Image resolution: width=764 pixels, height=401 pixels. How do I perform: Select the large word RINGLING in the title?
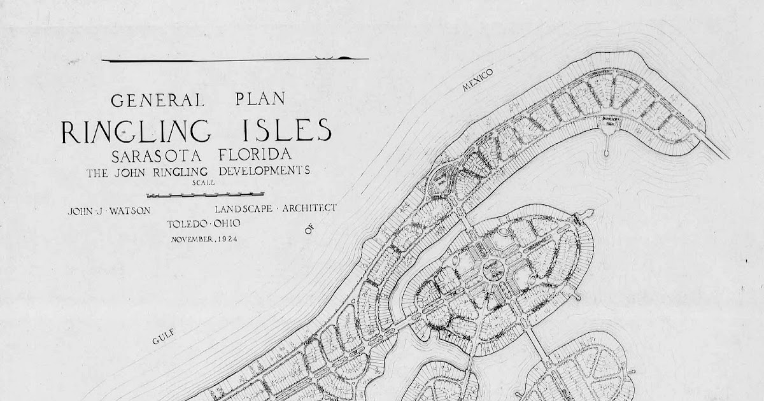click(x=136, y=131)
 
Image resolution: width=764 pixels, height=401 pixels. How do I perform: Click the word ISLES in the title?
click(x=286, y=130)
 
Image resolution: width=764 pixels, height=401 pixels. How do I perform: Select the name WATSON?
click(x=131, y=211)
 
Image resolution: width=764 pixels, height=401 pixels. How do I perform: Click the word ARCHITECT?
click(x=309, y=208)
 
